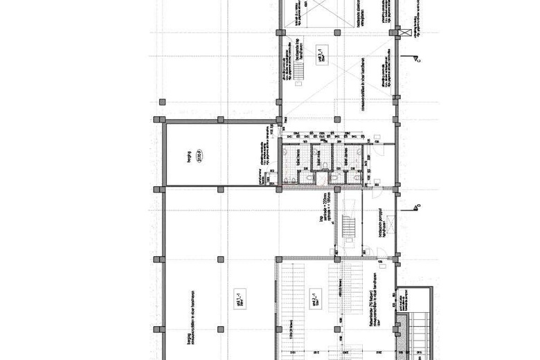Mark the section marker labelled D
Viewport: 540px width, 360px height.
(417, 206)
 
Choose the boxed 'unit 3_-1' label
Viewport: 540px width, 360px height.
(321, 52)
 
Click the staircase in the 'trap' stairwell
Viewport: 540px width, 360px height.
(348, 228)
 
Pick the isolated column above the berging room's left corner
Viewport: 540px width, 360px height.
(163, 102)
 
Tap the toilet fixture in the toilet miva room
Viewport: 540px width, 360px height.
(320, 177)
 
